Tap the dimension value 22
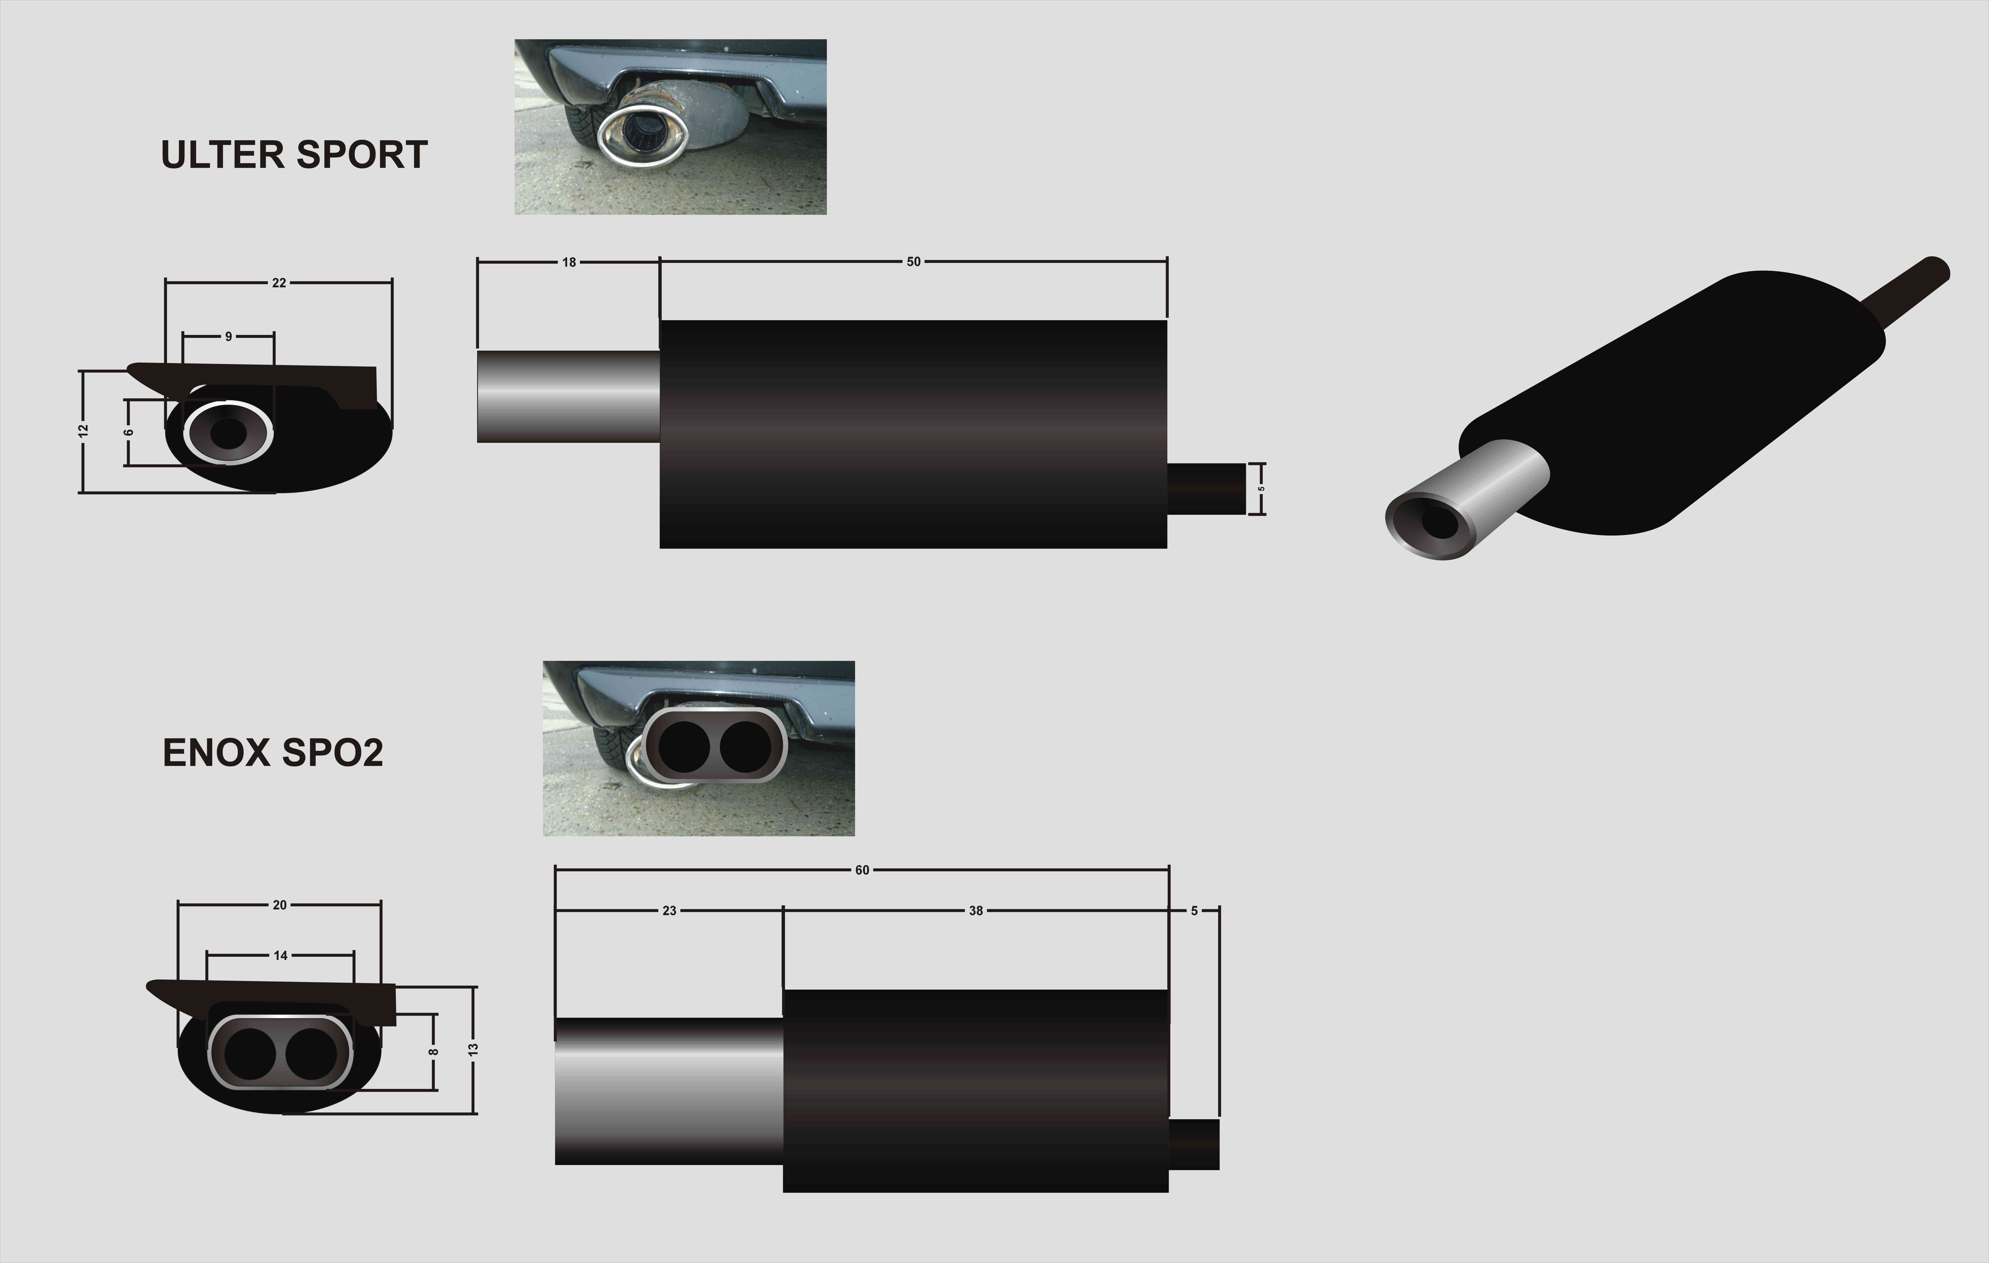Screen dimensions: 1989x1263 pyautogui.click(x=279, y=282)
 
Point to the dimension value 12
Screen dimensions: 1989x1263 pyautogui.click(x=83, y=430)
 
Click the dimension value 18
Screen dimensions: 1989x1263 pyautogui.click(x=569, y=263)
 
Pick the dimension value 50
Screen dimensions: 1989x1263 pyautogui.click(x=914, y=262)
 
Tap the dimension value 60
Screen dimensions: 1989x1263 pyautogui.click(x=862, y=870)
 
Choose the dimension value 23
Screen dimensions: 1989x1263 pyautogui.click(x=669, y=910)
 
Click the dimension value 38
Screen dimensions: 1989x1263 pyautogui.click(x=976, y=910)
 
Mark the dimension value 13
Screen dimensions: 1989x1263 pyautogui.click(x=473, y=1049)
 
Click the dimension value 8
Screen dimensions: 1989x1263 pyautogui.click(x=433, y=1052)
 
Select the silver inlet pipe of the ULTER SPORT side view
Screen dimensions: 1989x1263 pyautogui.click(x=568, y=396)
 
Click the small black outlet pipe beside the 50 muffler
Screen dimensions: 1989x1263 pyautogui.click(x=1206, y=488)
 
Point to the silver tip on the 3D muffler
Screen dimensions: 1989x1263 pyautogui.click(x=1466, y=500)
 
